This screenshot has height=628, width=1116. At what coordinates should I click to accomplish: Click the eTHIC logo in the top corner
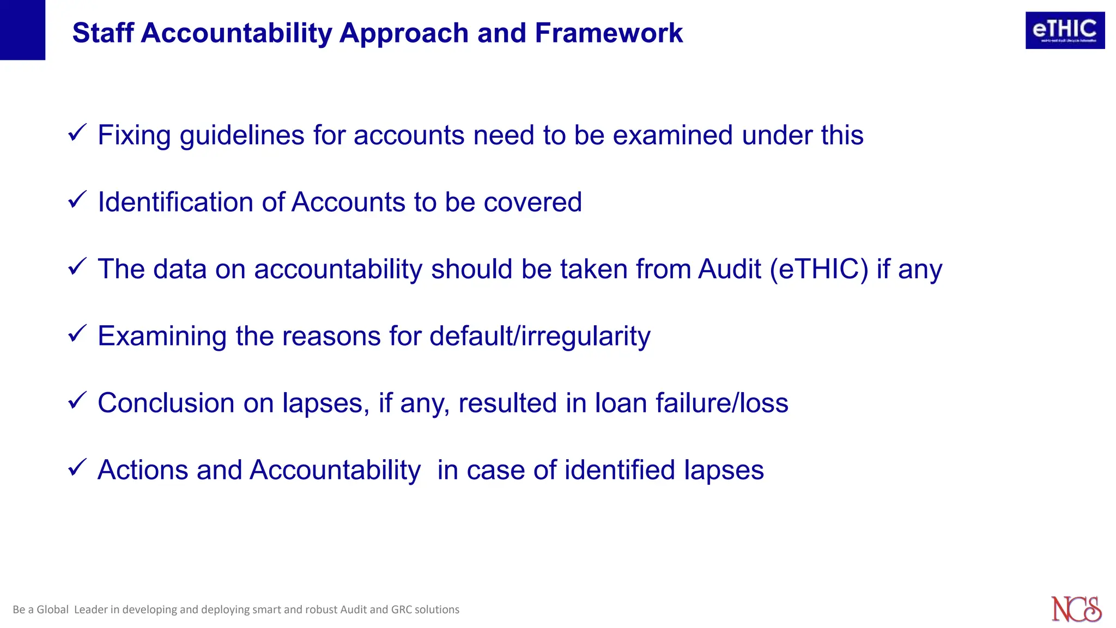coord(1065,31)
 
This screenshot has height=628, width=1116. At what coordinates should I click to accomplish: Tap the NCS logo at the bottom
coord(1076,609)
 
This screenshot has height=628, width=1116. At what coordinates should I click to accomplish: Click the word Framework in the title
coord(609,33)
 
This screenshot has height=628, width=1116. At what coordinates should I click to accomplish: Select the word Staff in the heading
coord(103,33)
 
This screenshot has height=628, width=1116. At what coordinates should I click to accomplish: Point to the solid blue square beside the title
coord(22,29)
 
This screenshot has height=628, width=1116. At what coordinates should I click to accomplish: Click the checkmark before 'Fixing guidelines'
coord(77,132)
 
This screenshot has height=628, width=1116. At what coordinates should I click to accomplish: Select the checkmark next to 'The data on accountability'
coord(77,266)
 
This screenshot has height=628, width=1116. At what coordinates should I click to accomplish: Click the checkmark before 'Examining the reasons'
coord(77,333)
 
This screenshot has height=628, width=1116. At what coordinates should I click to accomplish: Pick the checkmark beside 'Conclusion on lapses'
coord(77,400)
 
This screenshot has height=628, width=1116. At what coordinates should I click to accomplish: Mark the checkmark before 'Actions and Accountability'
coord(77,467)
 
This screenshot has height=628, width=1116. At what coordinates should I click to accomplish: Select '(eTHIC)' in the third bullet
coord(819,269)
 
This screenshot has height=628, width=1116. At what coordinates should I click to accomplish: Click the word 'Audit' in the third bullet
coord(729,269)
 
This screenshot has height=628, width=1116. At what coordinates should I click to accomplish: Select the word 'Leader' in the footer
coord(90,609)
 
